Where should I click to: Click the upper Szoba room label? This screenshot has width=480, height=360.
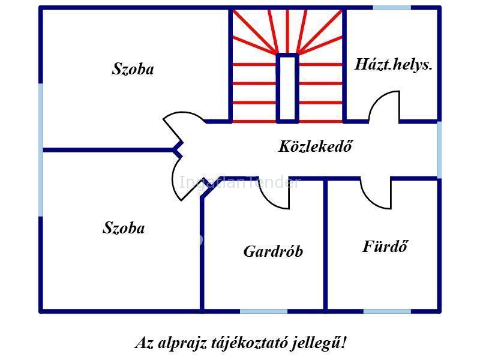133,69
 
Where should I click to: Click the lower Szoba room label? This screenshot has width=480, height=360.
124,228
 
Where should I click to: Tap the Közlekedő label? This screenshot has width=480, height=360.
316,146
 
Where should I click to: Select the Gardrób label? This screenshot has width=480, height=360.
273,251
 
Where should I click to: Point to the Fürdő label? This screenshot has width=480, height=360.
385,247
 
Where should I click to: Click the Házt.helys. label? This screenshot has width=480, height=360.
394,65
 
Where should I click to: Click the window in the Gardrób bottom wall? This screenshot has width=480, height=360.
263,311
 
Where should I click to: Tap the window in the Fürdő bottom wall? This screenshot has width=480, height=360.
387,311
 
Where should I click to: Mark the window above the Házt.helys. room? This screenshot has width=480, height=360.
392,7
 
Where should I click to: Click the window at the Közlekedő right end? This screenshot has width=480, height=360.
439,150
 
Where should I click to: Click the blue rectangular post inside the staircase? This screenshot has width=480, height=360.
287,88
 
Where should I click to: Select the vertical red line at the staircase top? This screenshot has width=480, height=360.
287,31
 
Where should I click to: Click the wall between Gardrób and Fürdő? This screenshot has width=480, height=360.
325,245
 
